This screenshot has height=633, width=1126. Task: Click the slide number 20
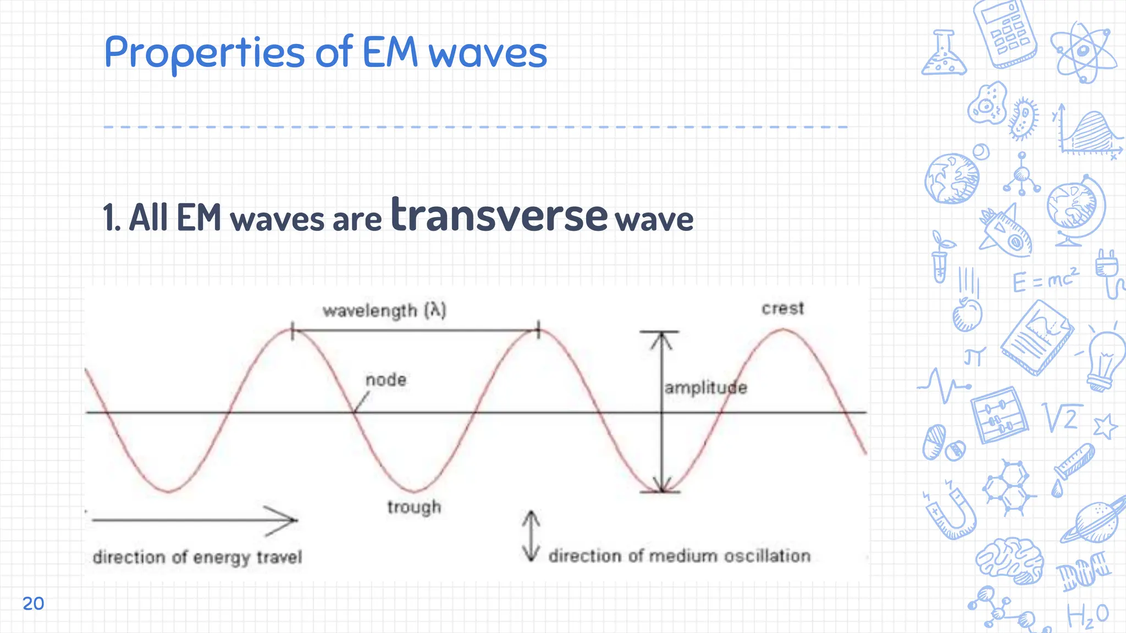pyautogui.click(x=33, y=603)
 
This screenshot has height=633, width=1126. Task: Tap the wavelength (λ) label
pyautogui.click(x=384, y=311)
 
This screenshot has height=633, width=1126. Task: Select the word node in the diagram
pyautogui.click(x=386, y=380)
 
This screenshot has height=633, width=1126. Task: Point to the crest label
pyautogui.click(x=782, y=308)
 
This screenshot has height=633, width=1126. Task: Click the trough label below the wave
pyautogui.click(x=414, y=507)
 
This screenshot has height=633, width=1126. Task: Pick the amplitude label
pyautogui.click(x=706, y=388)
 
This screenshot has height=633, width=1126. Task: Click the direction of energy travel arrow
pyautogui.click(x=195, y=520)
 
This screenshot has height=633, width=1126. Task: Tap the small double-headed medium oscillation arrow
pyautogui.click(x=531, y=536)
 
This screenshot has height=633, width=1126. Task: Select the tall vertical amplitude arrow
pyautogui.click(x=661, y=412)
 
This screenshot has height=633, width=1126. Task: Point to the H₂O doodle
pyautogui.click(x=1088, y=615)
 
